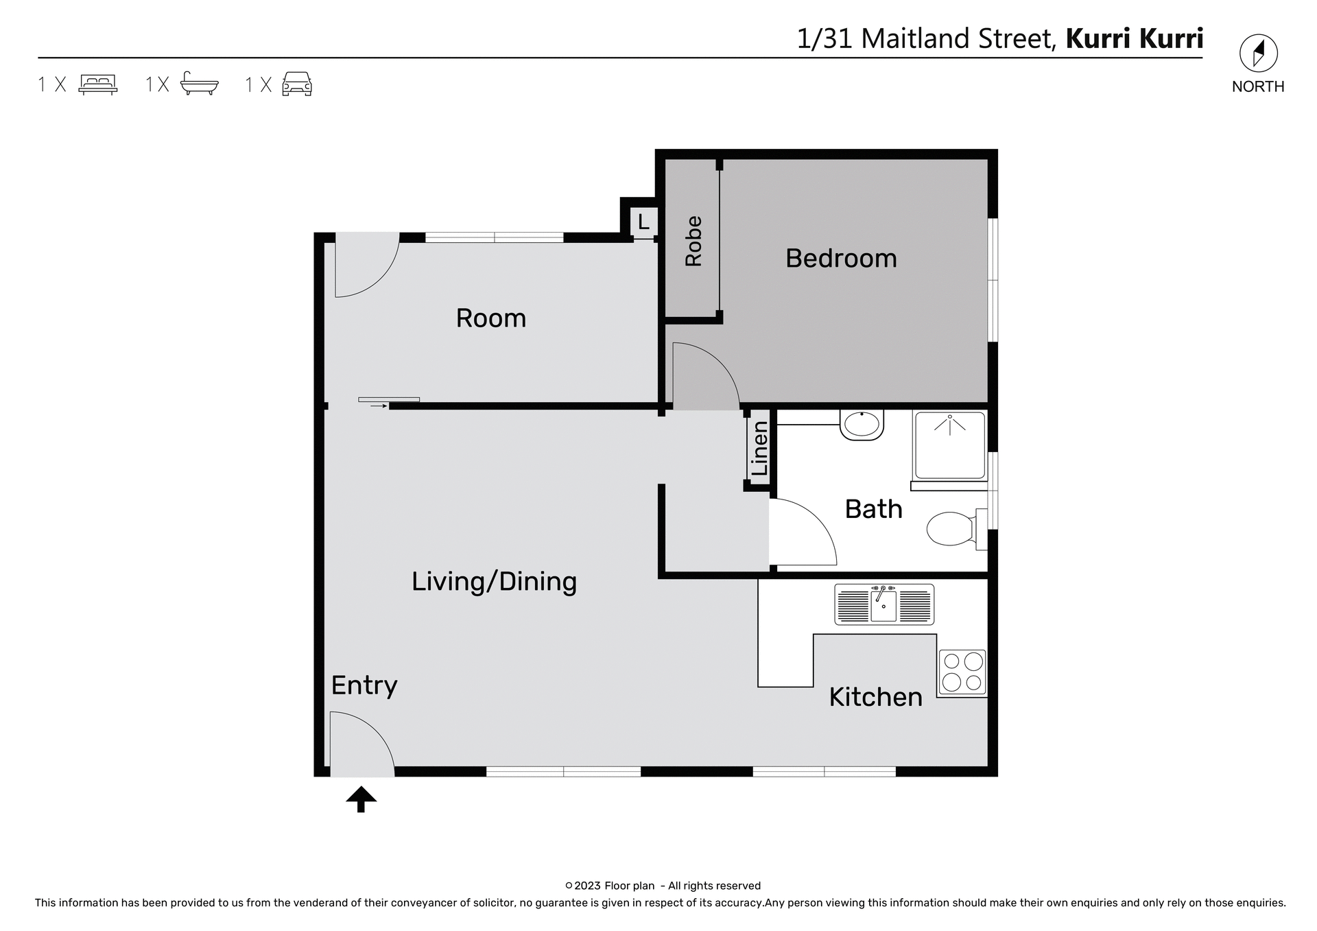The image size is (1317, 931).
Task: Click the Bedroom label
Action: pos(841,259)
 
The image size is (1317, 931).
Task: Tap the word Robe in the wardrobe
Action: pos(693,241)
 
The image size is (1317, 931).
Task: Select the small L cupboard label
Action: pos(643,222)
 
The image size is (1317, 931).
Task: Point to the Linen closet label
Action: pos(759,449)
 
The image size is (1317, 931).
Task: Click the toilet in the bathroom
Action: pos(952,529)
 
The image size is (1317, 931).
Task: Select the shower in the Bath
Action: pos(949,445)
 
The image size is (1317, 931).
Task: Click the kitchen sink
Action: pos(884,604)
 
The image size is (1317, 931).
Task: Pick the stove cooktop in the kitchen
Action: pos(962,672)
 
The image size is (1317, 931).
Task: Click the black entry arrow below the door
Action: pos(361,799)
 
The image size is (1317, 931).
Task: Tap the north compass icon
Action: pos(1258,54)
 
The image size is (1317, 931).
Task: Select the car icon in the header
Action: pos(297,84)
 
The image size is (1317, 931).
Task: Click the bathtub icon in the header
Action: pos(199,84)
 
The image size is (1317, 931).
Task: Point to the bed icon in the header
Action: pos(98,84)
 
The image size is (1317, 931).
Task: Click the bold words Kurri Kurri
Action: pos(1134,38)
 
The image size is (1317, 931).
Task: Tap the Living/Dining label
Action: pos(494,582)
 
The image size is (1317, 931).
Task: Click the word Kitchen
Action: pos(875,697)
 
